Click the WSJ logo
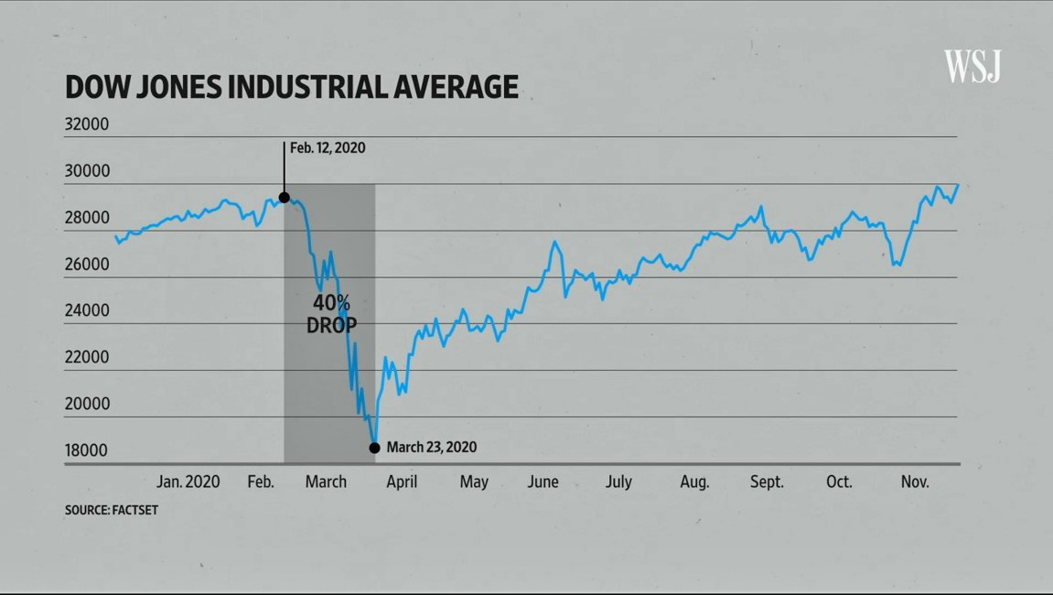click(x=972, y=66)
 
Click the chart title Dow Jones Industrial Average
click(x=292, y=87)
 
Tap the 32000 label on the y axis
click(x=87, y=124)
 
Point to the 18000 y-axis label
click(x=87, y=450)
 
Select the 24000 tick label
click(x=87, y=310)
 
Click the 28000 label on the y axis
click(x=87, y=218)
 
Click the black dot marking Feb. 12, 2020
click(x=284, y=197)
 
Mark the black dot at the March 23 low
click(x=374, y=448)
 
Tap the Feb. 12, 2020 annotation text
click(x=328, y=147)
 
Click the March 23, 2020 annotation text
click(x=431, y=448)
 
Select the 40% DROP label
click(x=331, y=313)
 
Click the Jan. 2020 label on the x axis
click(x=188, y=481)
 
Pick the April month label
click(x=402, y=481)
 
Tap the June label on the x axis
click(x=543, y=481)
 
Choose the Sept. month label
click(x=767, y=481)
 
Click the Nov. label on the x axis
click(x=915, y=481)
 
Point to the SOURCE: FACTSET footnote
click(x=111, y=510)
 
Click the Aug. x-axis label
click(x=694, y=481)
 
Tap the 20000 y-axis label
click(x=87, y=404)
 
